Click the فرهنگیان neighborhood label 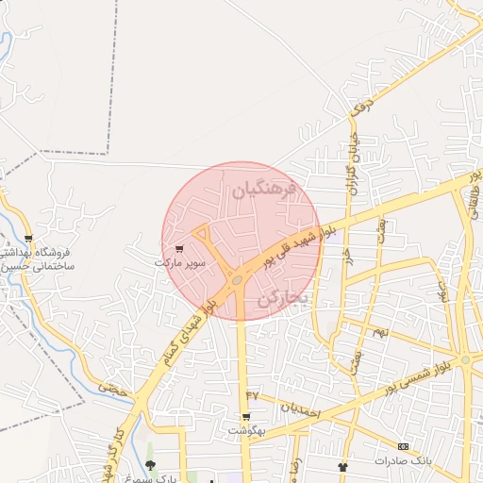264,190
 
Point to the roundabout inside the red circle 236,279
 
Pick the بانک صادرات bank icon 404,446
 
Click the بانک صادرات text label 402,461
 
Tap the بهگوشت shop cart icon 246,417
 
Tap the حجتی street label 112,386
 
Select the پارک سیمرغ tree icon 151,466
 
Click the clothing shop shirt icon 342,467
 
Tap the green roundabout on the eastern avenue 464,360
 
